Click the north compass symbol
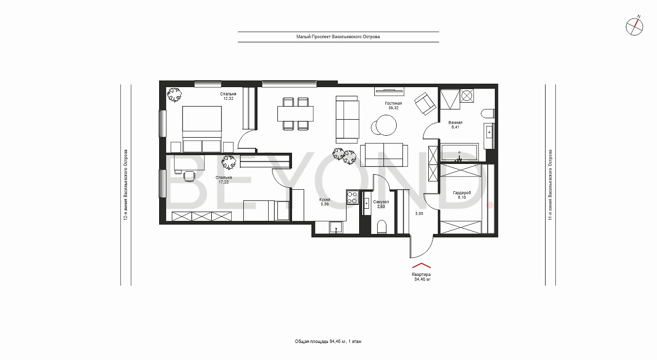pos(635,27)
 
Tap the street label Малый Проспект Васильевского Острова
pos(338,36)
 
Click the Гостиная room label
pos(393,103)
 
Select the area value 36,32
pos(393,108)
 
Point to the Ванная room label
pos(455,123)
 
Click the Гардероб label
pos(462,193)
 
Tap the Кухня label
pos(325,199)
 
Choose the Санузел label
pos(381,202)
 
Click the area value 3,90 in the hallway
pos(419,214)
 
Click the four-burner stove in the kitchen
pos(352,198)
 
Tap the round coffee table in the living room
pos(386,125)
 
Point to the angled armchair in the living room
pos(425,103)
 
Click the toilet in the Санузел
pos(382,227)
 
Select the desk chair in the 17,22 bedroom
pos(189,177)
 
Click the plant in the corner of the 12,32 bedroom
pos(174,94)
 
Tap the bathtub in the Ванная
pos(459,152)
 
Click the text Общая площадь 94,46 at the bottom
pos(320,342)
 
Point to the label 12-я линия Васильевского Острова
pos(126,185)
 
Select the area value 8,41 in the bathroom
pos(455,127)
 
